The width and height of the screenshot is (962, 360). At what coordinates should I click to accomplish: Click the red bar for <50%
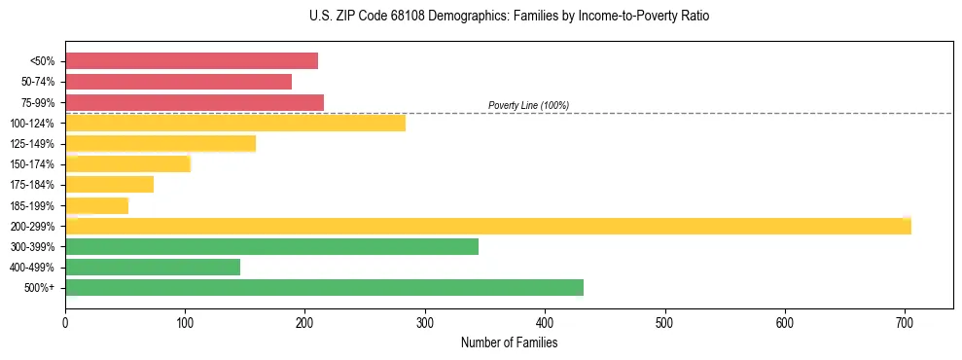(x=192, y=61)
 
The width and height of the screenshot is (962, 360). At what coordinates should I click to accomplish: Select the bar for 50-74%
(x=178, y=82)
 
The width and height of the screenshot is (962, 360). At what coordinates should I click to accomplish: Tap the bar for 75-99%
(x=195, y=102)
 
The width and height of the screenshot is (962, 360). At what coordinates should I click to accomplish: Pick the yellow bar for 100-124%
(x=235, y=123)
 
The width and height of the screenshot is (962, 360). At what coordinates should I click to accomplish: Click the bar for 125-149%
(x=160, y=144)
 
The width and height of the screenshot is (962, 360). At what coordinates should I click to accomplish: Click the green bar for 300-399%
(x=271, y=246)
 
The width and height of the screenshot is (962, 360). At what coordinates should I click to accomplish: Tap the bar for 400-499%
(x=153, y=267)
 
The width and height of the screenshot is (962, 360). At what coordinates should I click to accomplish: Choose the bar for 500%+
(x=324, y=287)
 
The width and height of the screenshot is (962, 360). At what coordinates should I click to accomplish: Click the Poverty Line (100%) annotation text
(x=528, y=105)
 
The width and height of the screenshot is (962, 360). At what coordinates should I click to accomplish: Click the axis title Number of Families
(x=509, y=342)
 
